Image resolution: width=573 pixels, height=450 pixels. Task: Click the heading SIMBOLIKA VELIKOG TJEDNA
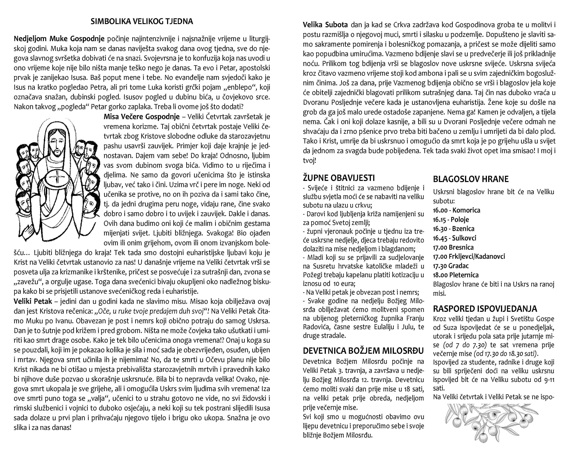click(142, 21)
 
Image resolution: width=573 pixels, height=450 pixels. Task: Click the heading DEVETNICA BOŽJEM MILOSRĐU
click(363, 351)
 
